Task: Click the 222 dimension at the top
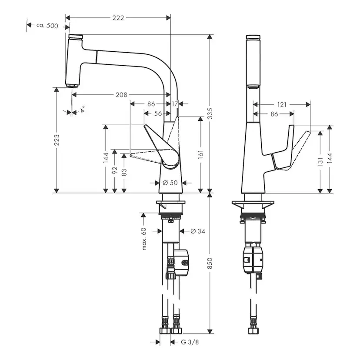coord(118,18)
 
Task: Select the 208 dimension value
coord(121,94)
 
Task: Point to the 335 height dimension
coord(211,114)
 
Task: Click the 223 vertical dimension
coord(57,140)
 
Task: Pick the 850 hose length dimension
coord(211,263)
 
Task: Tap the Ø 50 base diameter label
coord(170,183)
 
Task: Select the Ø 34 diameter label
coord(197,231)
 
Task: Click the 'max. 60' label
coord(143,239)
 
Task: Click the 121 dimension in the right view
coord(282,104)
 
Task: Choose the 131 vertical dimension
coord(320,162)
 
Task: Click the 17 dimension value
coord(175,104)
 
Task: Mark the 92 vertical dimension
coord(115,170)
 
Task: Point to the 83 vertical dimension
coord(124,172)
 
